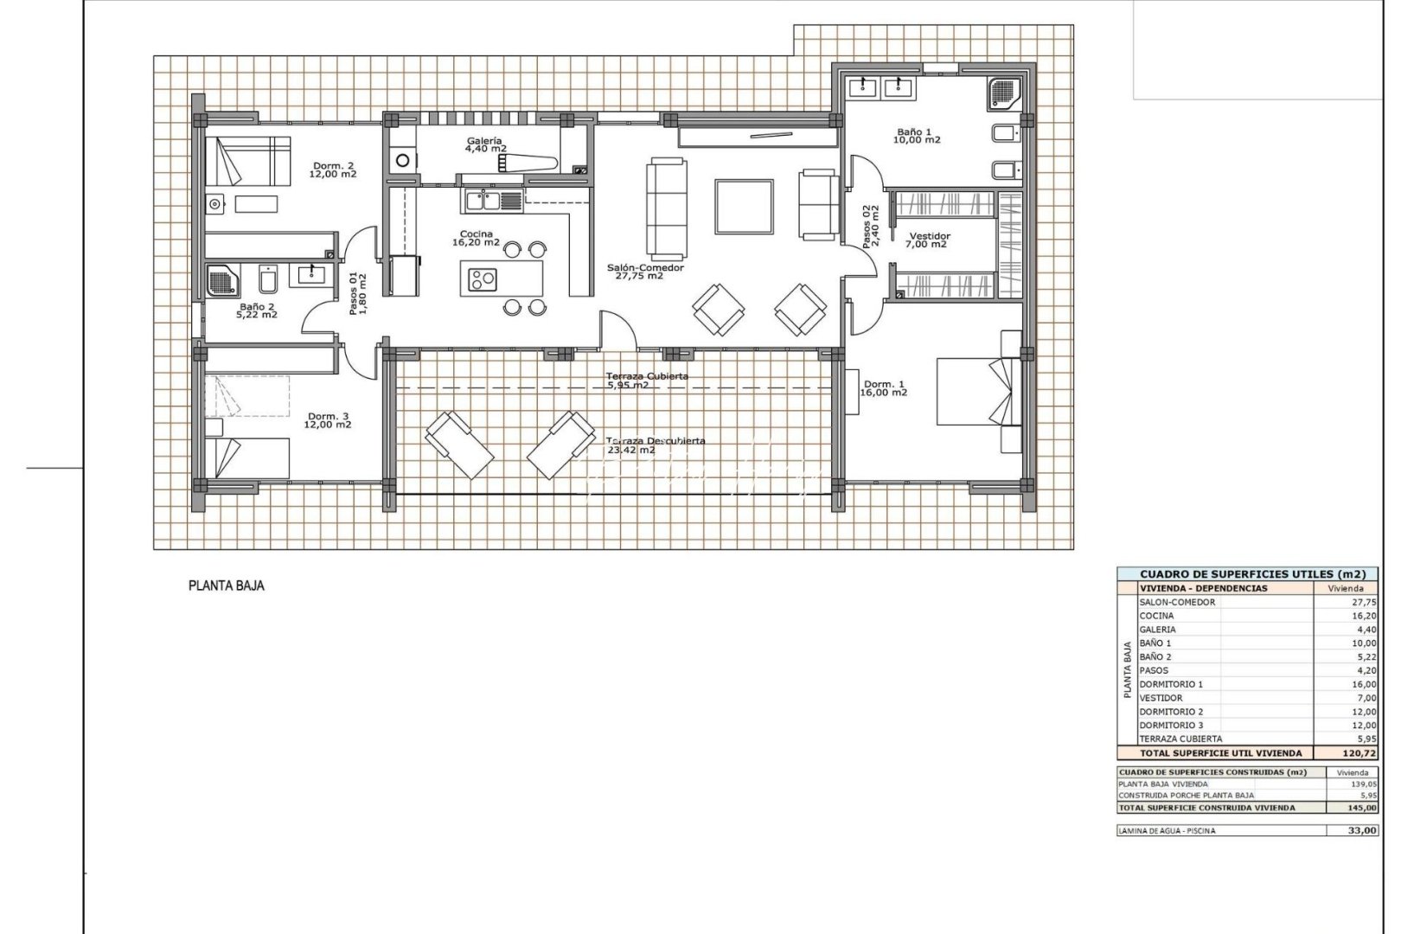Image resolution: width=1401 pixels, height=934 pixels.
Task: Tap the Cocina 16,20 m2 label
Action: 476,239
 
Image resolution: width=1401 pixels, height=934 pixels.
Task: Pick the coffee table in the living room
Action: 744,207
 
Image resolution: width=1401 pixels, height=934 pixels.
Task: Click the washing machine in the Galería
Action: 402,160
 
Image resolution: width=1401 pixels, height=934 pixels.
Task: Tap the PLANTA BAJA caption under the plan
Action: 226,585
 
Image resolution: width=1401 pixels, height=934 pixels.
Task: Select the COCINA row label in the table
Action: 1156,616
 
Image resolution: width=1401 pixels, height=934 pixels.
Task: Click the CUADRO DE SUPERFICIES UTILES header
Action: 1246,573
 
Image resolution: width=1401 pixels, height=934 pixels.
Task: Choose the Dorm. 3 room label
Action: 329,420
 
